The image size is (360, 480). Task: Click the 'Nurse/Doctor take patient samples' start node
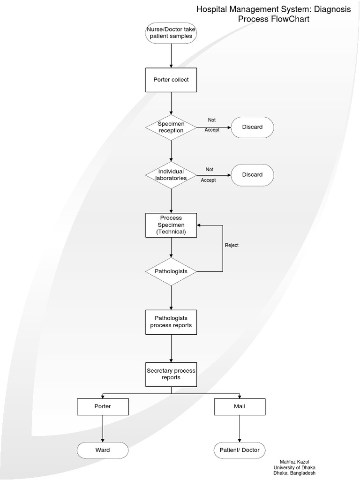(x=171, y=33)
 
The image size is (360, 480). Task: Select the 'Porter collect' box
(x=171, y=80)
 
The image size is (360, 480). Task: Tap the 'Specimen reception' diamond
(x=171, y=127)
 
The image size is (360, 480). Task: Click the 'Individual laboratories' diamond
(x=171, y=175)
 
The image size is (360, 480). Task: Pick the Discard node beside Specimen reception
(x=252, y=127)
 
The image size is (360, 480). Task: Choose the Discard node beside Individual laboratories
(x=252, y=175)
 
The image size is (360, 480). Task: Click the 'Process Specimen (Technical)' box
(x=171, y=225)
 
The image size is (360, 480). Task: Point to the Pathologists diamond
(x=171, y=271)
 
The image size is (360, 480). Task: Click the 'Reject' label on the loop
(x=232, y=245)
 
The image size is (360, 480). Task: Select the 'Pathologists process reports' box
(x=171, y=322)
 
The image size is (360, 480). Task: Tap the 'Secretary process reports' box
(x=171, y=374)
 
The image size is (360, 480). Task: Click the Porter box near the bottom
(x=103, y=406)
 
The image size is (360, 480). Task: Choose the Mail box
(x=240, y=406)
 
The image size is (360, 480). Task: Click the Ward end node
(x=103, y=450)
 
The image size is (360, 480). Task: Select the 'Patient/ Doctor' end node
(x=240, y=450)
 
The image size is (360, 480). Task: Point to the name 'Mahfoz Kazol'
(x=294, y=462)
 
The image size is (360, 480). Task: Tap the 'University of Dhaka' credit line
(x=294, y=468)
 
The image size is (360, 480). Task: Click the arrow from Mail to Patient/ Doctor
(x=240, y=428)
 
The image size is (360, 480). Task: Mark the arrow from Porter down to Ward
(x=103, y=428)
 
